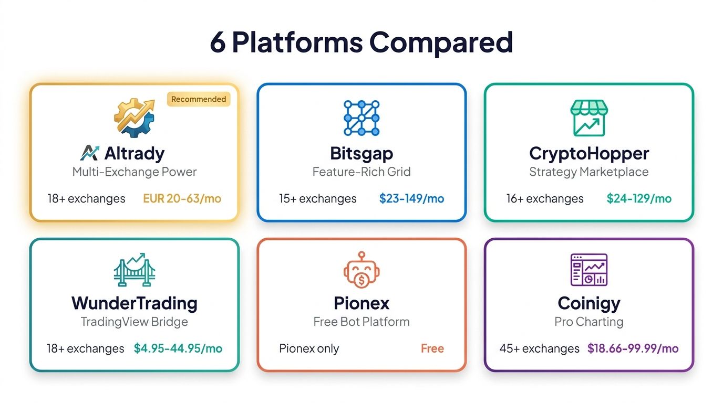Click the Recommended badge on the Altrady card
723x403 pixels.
(x=199, y=99)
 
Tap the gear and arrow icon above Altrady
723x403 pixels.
(x=135, y=118)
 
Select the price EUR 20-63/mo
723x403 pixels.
(x=182, y=199)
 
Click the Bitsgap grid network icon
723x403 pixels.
(x=361, y=118)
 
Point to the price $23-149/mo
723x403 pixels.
(x=411, y=199)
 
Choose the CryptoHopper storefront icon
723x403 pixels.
(x=588, y=118)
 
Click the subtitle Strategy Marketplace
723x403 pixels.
(x=588, y=172)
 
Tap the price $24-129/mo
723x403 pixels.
(x=639, y=199)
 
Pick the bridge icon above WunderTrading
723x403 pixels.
(x=135, y=269)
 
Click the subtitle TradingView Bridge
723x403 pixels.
(x=135, y=322)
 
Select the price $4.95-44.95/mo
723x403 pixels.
(x=178, y=348)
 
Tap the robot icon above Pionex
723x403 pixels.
(x=361, y=269)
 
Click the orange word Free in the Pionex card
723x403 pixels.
(x=432, y=348)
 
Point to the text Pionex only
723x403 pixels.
(x=309, y=348)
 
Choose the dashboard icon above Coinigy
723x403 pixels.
(x=588, y=269)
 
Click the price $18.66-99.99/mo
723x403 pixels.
(x=633, y=348)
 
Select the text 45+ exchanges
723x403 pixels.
(x=539, y=348)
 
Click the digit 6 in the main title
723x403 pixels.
(x=218, y=43)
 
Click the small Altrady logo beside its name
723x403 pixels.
(x=89, y=153)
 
